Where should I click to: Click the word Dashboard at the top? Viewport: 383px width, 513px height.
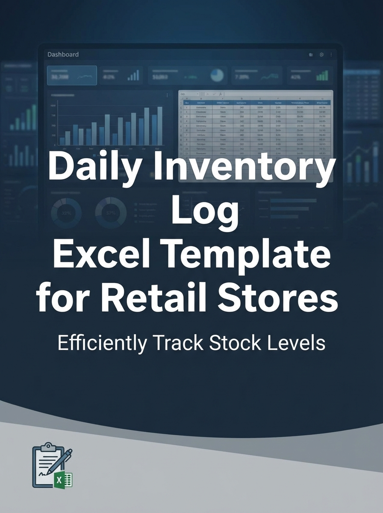click(63, 55)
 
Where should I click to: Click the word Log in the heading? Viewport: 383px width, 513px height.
click(204, 211)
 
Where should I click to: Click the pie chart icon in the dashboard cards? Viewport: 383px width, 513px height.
click(217, 76)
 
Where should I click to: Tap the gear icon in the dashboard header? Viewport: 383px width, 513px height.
click(321, 55)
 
